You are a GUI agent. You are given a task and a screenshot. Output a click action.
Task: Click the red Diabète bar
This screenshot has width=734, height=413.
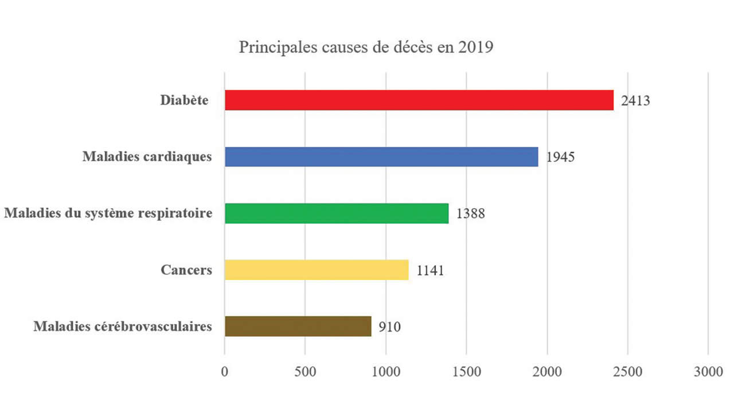[419, 100]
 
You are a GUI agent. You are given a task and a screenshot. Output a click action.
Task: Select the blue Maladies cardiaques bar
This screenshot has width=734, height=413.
[381, 157]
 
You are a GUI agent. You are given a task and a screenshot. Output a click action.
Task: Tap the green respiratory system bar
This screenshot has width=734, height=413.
[337, 213]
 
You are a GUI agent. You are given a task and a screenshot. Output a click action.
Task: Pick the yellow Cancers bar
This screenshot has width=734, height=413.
[317, 270]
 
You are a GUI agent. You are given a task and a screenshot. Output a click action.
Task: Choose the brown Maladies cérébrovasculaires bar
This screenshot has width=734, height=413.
[298, 326]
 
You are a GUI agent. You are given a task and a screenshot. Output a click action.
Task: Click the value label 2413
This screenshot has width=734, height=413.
[635, 102]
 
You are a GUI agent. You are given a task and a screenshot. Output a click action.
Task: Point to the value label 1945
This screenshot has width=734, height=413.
[560, 158]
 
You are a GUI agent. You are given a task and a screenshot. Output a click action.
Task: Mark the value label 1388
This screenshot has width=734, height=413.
[471, 215]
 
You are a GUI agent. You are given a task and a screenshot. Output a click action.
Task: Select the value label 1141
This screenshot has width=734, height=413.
[430, 271]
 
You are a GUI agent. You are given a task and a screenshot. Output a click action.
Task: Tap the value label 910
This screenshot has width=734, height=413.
[389, 328]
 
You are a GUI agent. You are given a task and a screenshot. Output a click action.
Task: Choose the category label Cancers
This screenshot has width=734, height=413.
[186, 270]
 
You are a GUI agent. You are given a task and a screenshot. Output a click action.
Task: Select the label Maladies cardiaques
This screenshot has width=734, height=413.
[147, 157]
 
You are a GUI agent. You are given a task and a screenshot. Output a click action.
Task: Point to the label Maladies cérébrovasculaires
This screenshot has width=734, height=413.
[123, 327]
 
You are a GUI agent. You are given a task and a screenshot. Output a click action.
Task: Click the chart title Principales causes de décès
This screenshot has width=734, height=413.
[366, 47]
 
